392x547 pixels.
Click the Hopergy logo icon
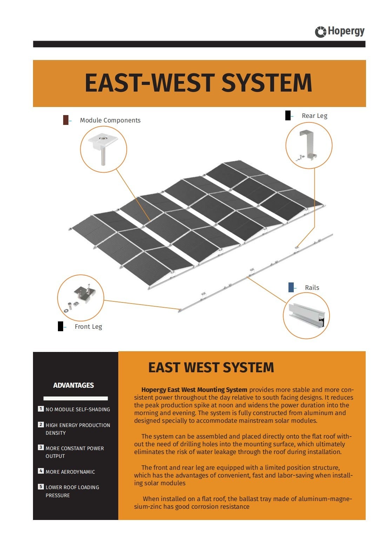pyautogui.click(x=320, y=32)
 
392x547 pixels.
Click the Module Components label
pyautogui.click(x=110, y=120)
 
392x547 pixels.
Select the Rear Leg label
pyautogui.click(x=314, y=116)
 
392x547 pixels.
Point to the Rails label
pyautogui.click(x=312, y=288)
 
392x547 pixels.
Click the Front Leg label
pyautogui.click(x=88, y=327)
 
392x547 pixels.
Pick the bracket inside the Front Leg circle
pyautogui.click(x=83, y=295)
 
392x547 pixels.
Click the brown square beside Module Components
pyautogui.click(x=66, y=120)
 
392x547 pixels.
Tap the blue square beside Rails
pyautogui.click(x=291, y=287)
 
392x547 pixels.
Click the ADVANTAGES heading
pyautogui.click(x=73, y=385)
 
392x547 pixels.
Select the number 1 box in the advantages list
pyautogui.click(x=41, y=409)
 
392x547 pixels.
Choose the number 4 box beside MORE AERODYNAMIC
pyautogui.click(x=41, y=471)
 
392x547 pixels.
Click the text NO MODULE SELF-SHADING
pyautogui.click(x=78, y=409)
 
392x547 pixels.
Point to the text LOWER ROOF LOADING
pyautogui.click(x=72, y=487)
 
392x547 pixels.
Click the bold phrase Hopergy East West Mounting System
pyautogui.click(x=194, y=390)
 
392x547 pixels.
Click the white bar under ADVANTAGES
pyautogui.click(x=75, y=398)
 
